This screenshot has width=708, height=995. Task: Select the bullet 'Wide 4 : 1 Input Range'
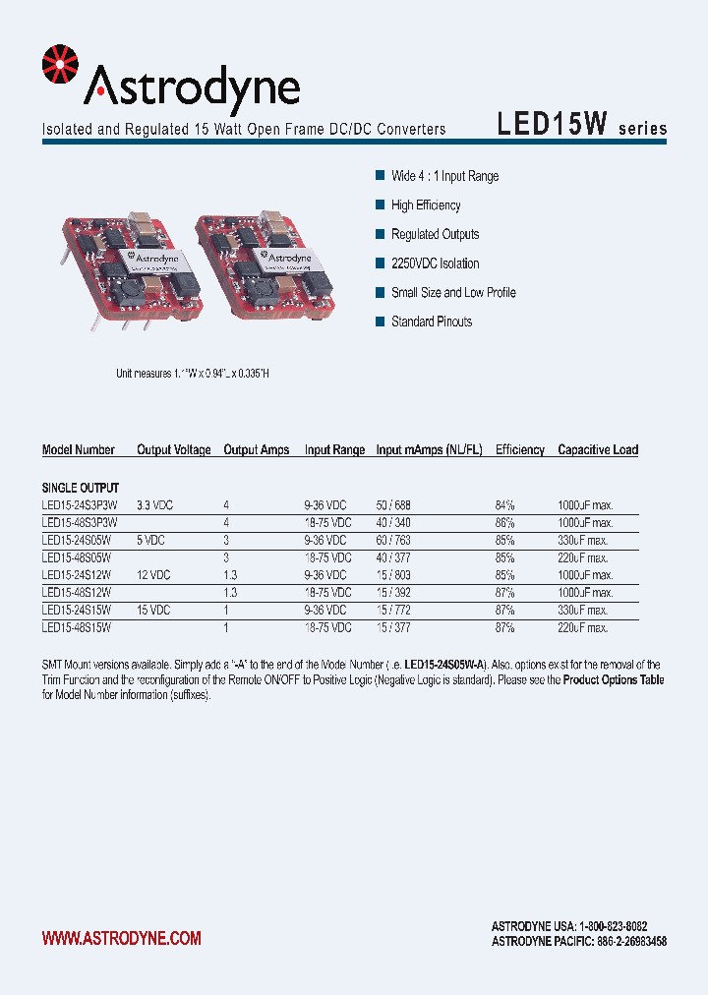coord(444,176)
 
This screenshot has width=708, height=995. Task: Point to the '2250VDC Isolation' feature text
coord(435,263)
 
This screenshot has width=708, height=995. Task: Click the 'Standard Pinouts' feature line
coord(431,322)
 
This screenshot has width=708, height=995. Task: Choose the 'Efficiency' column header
coord(519,449)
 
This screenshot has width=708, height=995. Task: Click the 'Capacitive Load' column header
coord(598,449)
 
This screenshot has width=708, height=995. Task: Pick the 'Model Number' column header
coord(79,449)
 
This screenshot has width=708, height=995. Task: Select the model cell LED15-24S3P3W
coord(79,504)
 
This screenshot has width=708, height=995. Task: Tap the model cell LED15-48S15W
coord(77,627)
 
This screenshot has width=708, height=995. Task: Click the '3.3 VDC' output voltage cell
coord(154,504)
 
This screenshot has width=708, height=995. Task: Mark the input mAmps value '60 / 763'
coord(393,540)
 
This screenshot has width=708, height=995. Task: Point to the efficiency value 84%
coord(504,504)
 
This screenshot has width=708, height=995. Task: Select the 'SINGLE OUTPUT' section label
coord(81,488)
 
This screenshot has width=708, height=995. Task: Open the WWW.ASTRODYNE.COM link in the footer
coord(121,938)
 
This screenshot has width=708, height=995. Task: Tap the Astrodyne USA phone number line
coord(568,926)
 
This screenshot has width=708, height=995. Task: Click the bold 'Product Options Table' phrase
coord(613,680)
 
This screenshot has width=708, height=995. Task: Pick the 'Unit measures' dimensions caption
coord(193,374)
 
